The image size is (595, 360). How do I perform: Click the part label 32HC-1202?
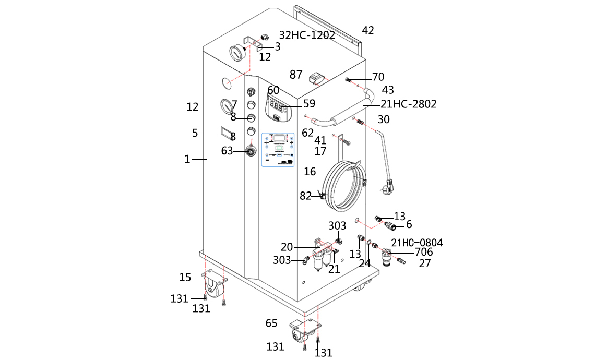click(x=307, y=35)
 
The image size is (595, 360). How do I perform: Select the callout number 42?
click(x=368, y=30)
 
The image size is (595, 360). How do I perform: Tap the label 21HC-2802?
click(x=405, y=104)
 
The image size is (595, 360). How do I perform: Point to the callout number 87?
click(x=296, y=75)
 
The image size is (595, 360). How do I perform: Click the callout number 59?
click(x=310, y=103)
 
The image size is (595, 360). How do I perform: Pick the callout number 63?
click(x=227, y=151)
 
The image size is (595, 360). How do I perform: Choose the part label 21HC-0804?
click(x=416, y=243)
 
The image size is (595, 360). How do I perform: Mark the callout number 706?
click(x=424, y=253)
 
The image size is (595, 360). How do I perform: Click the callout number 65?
click(x=271, y=323)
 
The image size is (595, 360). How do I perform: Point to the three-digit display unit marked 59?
click(x=277, y=107)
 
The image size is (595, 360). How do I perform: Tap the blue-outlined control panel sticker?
click(x=279, y=149)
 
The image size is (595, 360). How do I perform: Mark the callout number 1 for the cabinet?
click(x=187, y=160)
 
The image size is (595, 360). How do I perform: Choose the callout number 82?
click(x=305, y=196)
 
